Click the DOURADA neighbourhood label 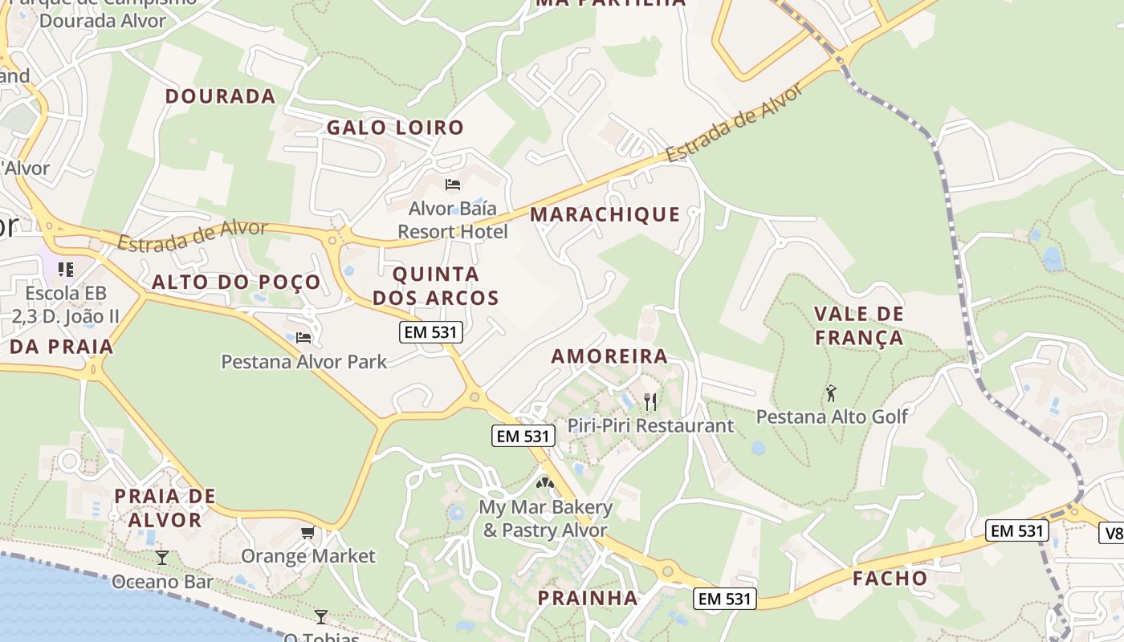pos(220,96)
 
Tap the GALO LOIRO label pos(395,128)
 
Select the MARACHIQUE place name pos(605,214)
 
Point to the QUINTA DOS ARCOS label pos(436,286)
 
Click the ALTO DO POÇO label pos(236,282)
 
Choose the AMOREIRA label pos(609,356)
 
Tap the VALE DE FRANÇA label pos(859,326)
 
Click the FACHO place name pos(890,579)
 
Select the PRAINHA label pos(588,598)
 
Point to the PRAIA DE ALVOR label pos(165,508)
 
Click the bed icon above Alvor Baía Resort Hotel pos(453,185)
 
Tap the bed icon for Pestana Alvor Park pos(303,338)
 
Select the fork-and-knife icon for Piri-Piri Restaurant pos(650,401)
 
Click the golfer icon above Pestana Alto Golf pos(832,393)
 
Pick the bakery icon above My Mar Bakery pos(545,483)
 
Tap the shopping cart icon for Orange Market pos(308,533)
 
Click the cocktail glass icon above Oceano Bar pos(162,557)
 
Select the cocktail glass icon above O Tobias pos(321,616)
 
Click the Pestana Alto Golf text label pos(832,416)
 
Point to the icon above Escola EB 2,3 pos(66,269)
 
